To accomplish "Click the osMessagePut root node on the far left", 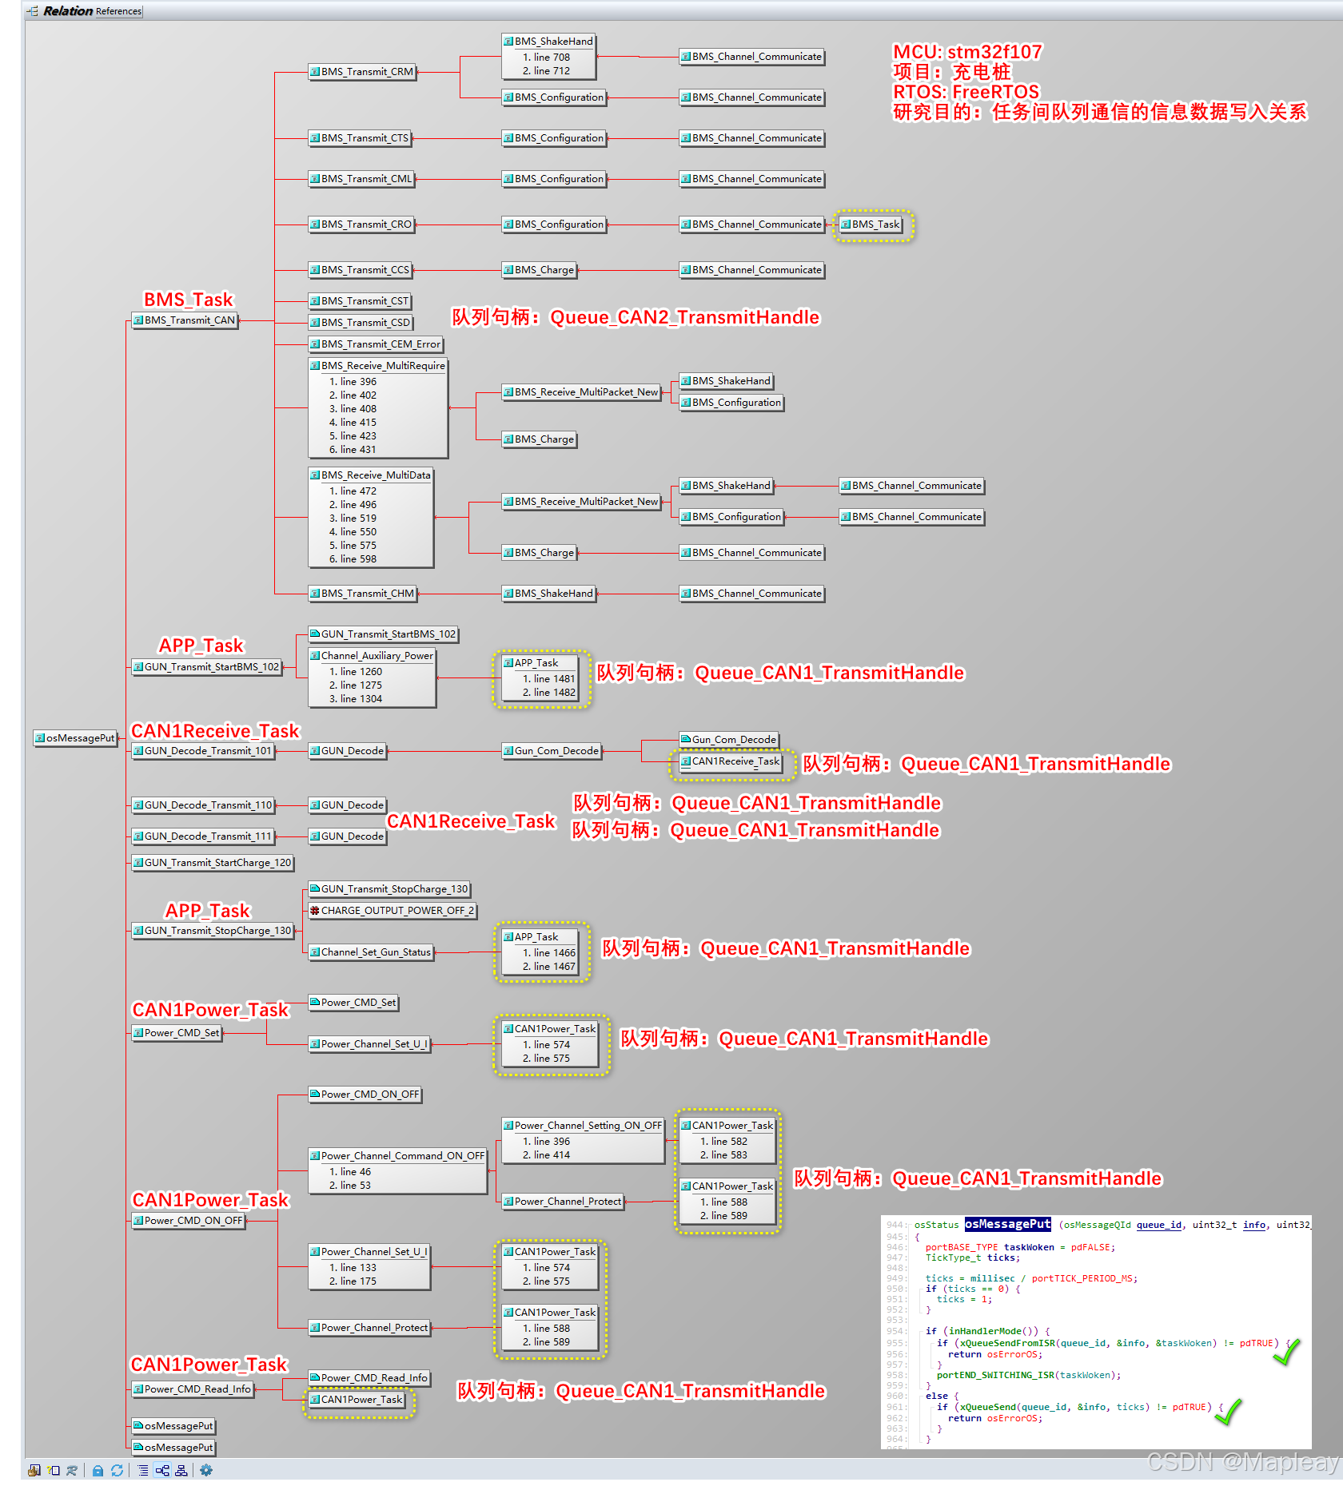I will [76, 738].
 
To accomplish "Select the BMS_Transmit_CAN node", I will [185, 320].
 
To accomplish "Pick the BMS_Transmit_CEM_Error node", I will [376, 344].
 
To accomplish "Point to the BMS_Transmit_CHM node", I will [363, 594].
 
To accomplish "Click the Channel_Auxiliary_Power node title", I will [373, 656].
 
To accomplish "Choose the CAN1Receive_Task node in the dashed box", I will [731, 761].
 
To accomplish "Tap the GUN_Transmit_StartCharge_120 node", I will [213, 863].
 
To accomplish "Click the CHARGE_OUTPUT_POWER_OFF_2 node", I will [393, 911].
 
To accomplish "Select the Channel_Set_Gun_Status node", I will [372, 952].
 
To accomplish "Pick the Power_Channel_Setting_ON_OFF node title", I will [584, 1126].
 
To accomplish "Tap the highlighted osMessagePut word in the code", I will [1007, 1224].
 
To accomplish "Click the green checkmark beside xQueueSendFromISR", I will [1286, 1351].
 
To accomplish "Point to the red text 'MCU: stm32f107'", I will [967, 52].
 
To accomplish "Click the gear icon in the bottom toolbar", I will [206, 1470].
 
